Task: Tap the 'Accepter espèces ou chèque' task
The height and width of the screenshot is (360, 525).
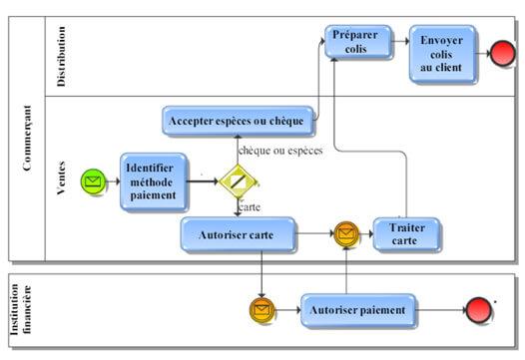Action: [238, 121]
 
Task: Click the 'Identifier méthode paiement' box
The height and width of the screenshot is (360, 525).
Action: [155, 181]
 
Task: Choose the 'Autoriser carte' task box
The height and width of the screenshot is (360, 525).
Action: [238, 234]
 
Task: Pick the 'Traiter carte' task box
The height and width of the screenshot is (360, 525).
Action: [405, 234]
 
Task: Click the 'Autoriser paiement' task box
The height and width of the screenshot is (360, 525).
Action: [357, 311]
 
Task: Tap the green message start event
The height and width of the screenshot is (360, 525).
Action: [93, 181]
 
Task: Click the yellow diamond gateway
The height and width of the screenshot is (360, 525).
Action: [238, 181]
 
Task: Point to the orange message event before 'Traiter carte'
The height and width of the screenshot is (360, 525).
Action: [345, 234]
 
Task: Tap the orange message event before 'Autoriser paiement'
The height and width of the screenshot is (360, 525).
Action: [262, 311]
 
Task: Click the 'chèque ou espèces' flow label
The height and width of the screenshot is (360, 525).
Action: [282, 150]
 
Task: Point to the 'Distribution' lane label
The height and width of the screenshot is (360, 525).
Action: [62, 56]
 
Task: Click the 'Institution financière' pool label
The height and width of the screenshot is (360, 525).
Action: [25, 311]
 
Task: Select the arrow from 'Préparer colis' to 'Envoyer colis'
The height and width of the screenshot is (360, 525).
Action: [397, 42]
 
